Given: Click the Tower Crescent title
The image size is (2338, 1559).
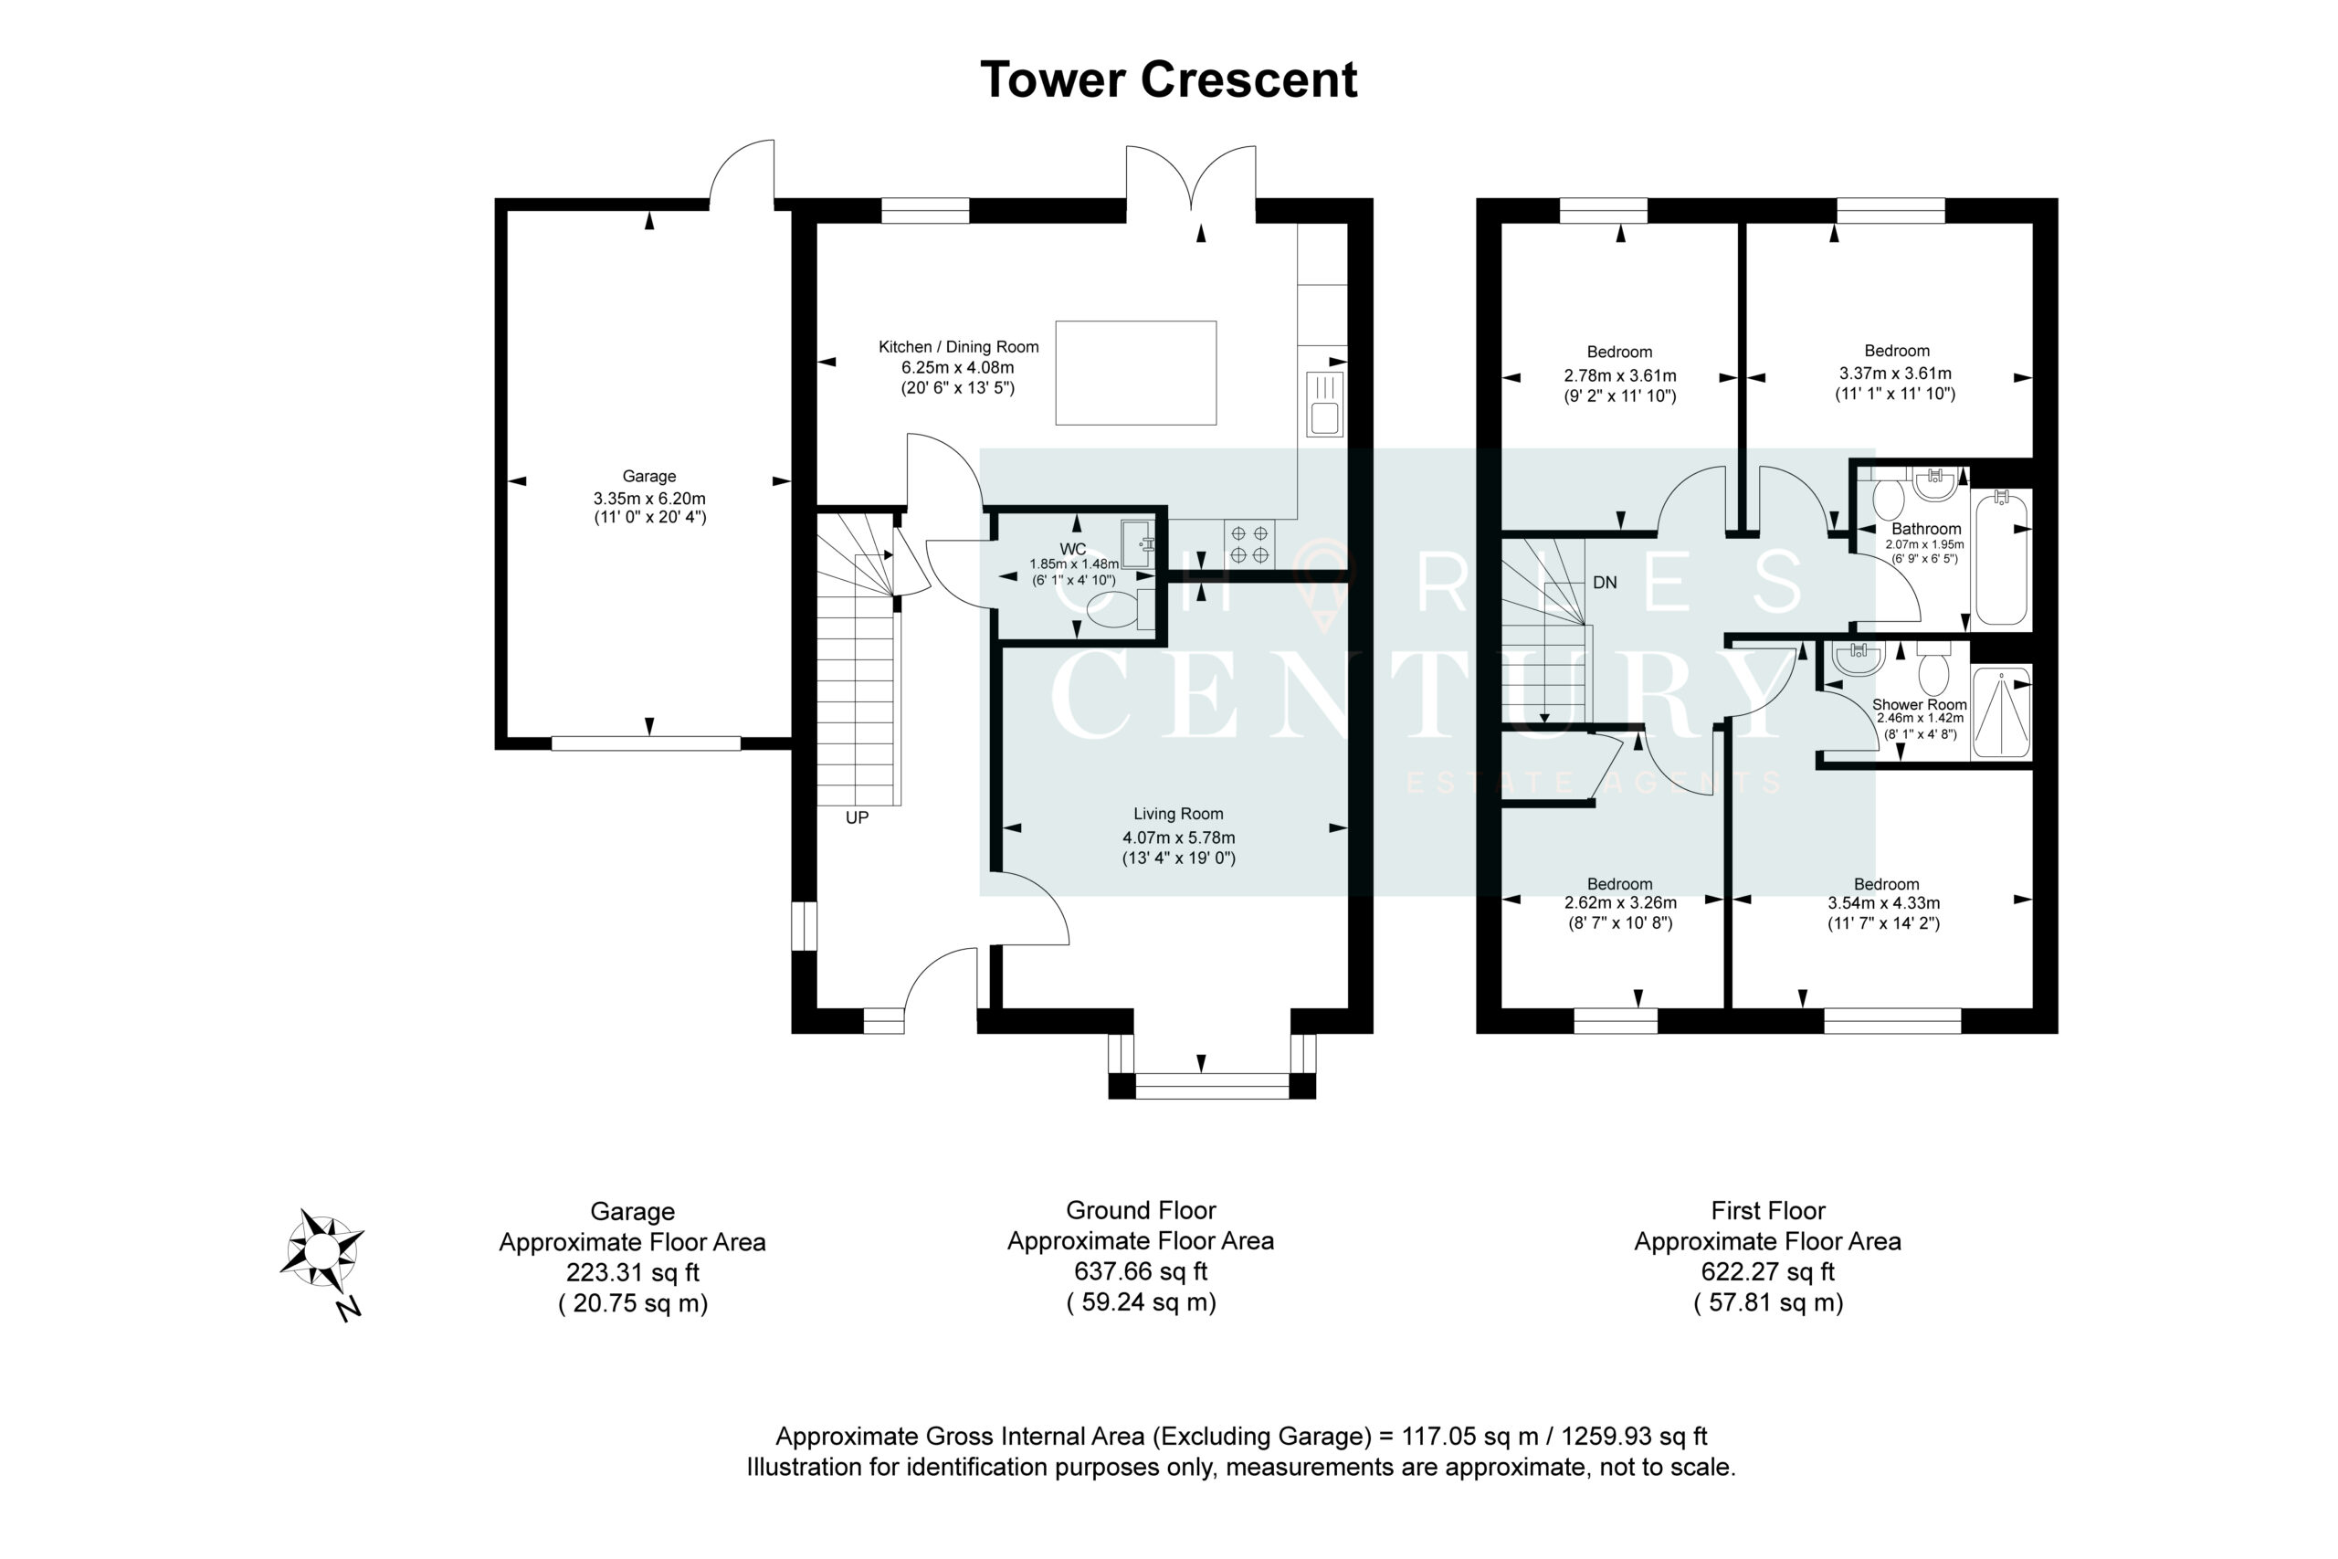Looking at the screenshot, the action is point(1168,79).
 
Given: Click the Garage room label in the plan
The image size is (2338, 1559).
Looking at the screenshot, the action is point(649,476).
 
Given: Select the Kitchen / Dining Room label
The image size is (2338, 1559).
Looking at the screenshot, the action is point(958,347).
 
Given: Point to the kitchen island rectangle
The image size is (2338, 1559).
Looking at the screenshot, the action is point(1135,373).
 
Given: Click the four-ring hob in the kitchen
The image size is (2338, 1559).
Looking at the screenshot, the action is point(1249,545).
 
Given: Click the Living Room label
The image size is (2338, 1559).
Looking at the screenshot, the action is point(1178,814).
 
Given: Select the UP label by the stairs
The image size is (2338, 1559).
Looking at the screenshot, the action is point(857,817).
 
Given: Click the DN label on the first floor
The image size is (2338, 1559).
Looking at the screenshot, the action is point(1605,583).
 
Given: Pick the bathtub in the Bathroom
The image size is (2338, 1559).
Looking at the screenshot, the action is point(2001,559).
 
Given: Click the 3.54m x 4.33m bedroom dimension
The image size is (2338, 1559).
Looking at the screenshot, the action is point(1884,902).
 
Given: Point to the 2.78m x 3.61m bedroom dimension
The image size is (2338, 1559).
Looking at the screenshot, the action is point(1620,376).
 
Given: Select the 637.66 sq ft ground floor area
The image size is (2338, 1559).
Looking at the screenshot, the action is point(1140,1271).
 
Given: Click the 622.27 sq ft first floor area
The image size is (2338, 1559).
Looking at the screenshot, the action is point(1767,1271).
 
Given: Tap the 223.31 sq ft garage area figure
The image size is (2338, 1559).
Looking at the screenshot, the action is point(632,1272).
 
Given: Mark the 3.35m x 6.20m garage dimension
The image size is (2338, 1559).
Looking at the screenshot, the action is point(649,498).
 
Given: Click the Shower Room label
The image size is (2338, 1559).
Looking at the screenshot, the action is point(1920,704).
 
